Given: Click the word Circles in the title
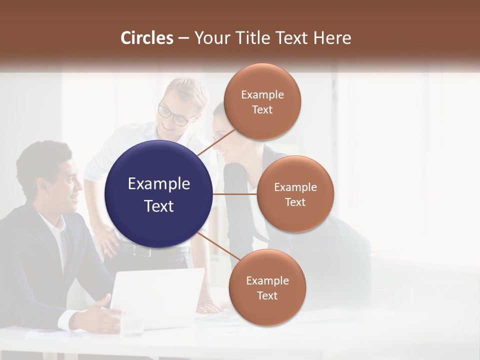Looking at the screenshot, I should [x=146, y=38].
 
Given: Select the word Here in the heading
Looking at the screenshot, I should [x=332, y=38].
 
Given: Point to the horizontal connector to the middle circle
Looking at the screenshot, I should [x=235, y=194].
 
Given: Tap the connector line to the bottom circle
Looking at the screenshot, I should [x=214, y=245].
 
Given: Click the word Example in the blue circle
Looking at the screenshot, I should [x=159, y=184].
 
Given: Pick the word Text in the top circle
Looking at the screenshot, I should [x=262, y=110].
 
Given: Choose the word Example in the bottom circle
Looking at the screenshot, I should [x=267, y=281].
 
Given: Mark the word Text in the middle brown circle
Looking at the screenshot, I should [x=295, y=202].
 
